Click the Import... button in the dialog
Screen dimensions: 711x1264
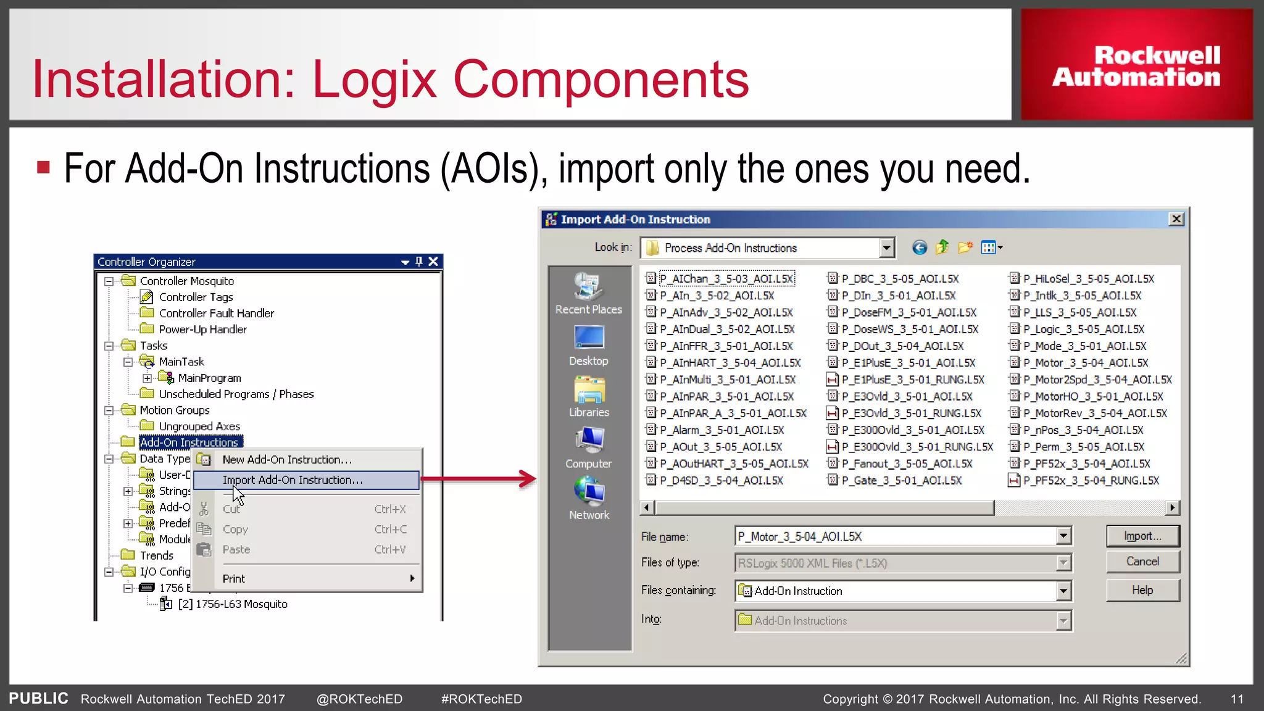coord(1142,536)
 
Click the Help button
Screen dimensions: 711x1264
coord(1142,591)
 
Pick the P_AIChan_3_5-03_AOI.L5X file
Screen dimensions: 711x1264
coord(726,279)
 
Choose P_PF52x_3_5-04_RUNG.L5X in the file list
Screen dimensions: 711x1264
coord(1091,481)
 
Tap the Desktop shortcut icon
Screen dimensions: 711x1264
coord(589,338)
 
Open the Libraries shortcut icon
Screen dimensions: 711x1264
coord(589,390)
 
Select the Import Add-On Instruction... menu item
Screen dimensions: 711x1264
coord(293,480)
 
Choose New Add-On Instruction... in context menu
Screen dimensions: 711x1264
coord(287,460)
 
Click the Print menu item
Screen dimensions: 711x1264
coord(234,579)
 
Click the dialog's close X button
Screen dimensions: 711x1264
coord(1176,219)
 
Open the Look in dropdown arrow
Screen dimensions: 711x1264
coord(887,248)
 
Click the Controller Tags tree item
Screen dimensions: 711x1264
coord(196,297)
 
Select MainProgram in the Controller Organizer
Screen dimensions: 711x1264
coord(209,378)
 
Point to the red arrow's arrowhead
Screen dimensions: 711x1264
coord(528,479)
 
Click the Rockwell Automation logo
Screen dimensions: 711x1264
coord(1136,65)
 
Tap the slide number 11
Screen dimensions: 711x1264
coord(1237,699)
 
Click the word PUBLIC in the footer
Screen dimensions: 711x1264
coord(38,699)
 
